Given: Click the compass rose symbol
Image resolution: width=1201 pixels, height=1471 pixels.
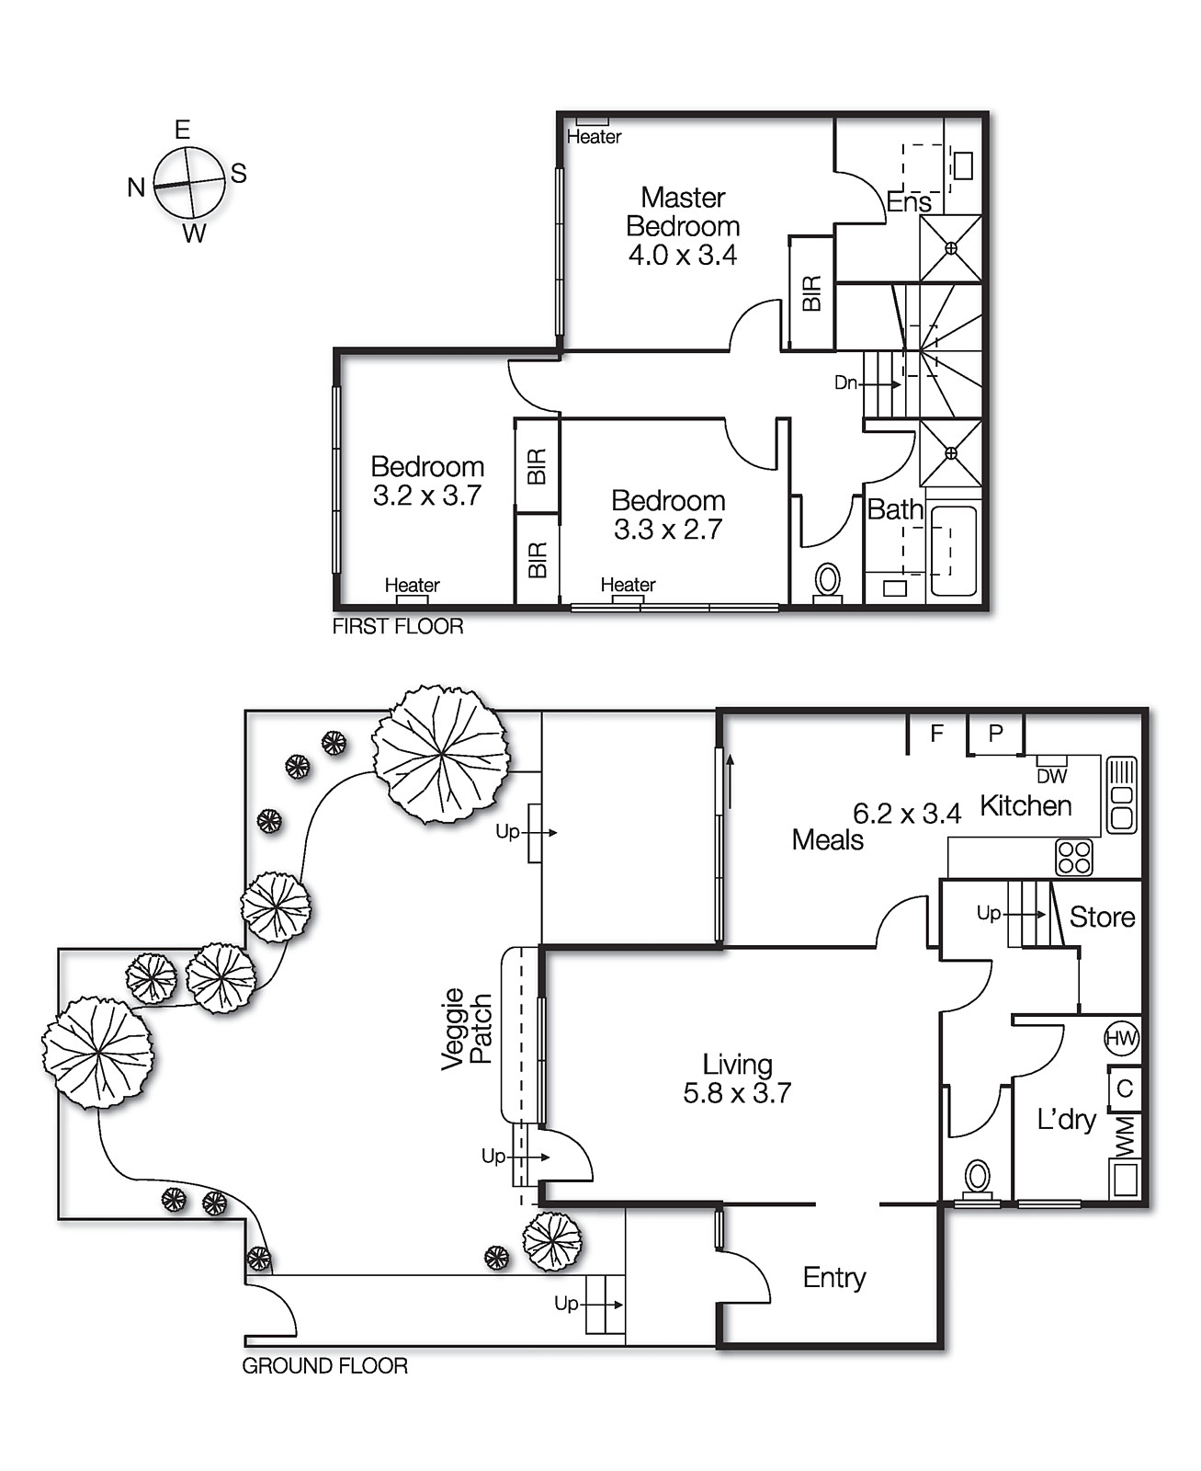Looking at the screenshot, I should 189,183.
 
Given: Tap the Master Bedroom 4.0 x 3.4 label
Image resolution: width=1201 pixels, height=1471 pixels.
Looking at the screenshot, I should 683,226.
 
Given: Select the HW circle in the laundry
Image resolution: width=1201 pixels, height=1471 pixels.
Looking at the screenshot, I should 1121,1039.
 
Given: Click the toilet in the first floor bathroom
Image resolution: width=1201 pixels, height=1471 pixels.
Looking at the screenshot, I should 828,580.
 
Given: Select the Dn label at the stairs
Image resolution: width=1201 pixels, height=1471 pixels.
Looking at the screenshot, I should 845,382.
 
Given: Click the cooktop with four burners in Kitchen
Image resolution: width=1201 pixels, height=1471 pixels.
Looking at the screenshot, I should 1074,857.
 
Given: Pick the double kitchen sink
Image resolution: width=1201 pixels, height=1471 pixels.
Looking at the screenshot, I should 1121,795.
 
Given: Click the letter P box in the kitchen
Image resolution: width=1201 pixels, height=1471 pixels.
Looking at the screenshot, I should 995,734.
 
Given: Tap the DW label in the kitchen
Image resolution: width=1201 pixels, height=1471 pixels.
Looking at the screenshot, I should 1052,777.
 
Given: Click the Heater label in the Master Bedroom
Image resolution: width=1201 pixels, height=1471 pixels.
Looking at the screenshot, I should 594,137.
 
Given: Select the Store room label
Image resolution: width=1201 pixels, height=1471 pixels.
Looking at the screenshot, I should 1102,917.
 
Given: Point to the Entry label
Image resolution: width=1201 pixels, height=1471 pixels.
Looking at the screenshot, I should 834,1277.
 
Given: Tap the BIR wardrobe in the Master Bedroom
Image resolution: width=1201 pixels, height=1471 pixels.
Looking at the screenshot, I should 811,292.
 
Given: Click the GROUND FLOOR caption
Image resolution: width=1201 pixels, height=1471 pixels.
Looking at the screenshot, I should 324,1366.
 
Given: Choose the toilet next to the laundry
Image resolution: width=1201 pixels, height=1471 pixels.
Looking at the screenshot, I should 978,1177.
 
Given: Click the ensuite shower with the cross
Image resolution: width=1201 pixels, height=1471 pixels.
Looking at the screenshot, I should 951,248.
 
